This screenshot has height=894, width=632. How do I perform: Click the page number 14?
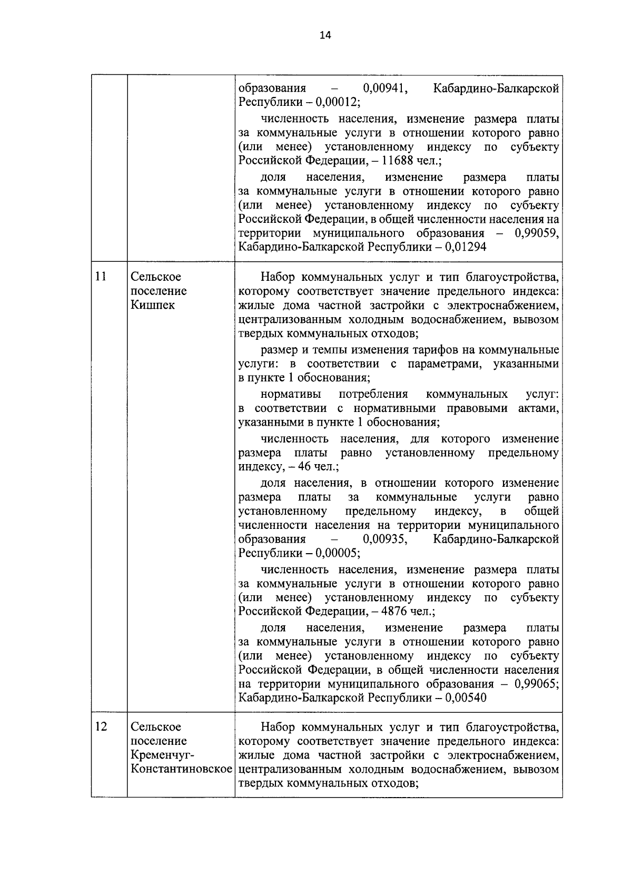click(x=325, y=35)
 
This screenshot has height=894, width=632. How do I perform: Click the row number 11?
click(x=101, y=276)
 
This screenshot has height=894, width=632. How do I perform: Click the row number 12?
click(x=101, y=726)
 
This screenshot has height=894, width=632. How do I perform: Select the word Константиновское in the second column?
click(x=182, y=769)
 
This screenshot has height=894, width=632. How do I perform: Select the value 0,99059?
click(x=537, y=233)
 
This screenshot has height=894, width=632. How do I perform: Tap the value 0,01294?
click(x=465, y=247)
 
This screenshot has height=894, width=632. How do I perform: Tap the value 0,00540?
click(x=465, y=698)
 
